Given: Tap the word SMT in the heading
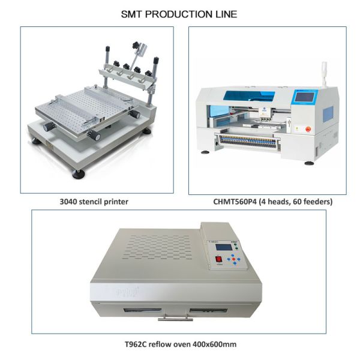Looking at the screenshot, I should (x=132, y=13).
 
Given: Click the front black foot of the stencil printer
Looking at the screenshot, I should (x=79, y=173).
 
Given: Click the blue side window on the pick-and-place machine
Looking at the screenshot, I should (x=329, y=114).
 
